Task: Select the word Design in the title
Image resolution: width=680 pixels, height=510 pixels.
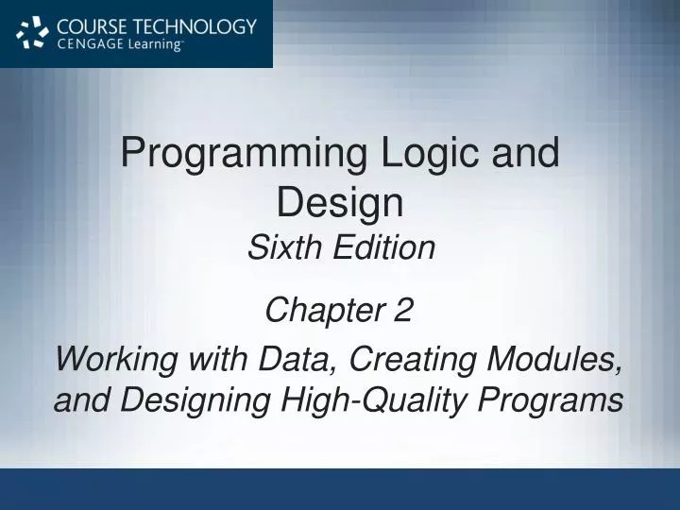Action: [x=340, y=201]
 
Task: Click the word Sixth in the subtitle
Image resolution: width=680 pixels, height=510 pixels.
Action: [x=280, y=248]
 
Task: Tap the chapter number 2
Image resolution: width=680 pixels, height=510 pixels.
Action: [x=404, y=310]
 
